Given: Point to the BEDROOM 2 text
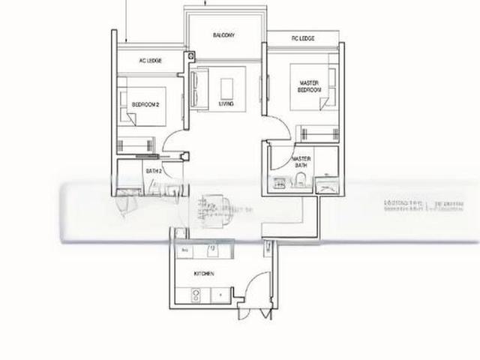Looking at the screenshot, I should pyautogui.click(x=145, y=106).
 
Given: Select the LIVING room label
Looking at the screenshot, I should pyautogui.click(x=224, y=104).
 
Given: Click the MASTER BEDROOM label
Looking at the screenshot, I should pyautogui.click(x=310, y=86).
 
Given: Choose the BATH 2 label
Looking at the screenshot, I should pyautogui.click(x=154, y=171).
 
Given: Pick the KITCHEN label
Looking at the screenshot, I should pyautogui.click(x=204, y=274).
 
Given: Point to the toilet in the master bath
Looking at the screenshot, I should pyautogui.click(x=300, y=179).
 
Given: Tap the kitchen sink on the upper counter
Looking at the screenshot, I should pyautogui.click(x=212, y=249).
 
